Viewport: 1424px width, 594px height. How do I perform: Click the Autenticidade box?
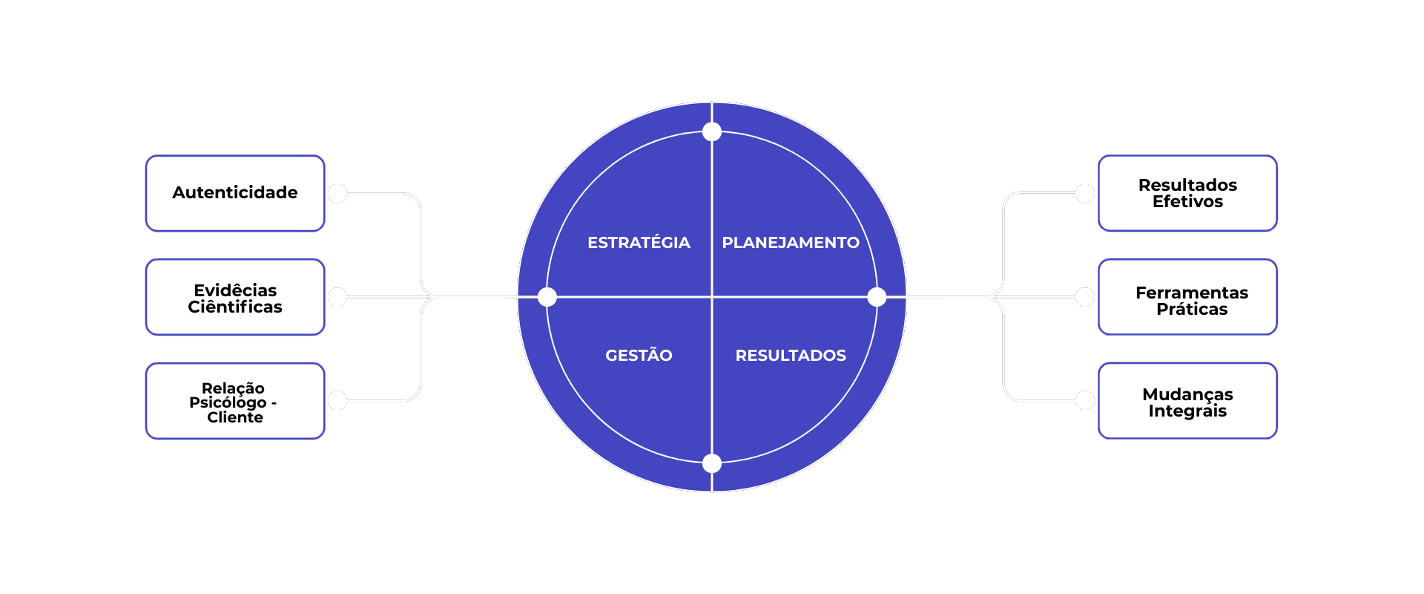pos(235,193)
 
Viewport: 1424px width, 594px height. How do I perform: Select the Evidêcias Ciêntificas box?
pos(235,297)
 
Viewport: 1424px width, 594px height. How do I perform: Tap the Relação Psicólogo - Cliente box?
pos(235,401)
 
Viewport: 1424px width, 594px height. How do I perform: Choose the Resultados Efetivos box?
pos(1187,193)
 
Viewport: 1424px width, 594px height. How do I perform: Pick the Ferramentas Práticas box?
pos(1187,297)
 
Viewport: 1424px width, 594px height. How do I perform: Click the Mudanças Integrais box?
pos(1187,401)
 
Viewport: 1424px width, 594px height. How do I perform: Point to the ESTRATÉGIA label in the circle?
pos(639,243)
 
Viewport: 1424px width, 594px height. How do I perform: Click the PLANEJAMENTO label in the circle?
pos(791,243)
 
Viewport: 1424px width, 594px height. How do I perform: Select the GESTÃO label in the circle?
pos(639,356)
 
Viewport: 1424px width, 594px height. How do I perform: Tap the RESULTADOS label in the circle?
pos(791,356)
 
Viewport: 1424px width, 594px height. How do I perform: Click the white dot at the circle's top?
pos(712,132)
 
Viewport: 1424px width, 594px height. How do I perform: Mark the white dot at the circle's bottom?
pos(712,463)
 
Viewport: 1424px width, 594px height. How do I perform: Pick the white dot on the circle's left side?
pos(547,297)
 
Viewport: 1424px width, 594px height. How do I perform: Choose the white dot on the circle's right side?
pos(877,297)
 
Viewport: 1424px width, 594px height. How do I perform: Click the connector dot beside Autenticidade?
pos(337,194)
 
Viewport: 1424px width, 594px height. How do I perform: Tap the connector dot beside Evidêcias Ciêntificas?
pos(337,297)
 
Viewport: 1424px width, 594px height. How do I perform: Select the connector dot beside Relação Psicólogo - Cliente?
pos(337,401)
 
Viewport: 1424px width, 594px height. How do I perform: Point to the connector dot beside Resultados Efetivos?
pos(1085,194)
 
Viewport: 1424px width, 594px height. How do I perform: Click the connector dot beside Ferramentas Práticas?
pos(1085,297)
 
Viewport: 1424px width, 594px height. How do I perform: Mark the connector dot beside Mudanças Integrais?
pos(1085,401)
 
